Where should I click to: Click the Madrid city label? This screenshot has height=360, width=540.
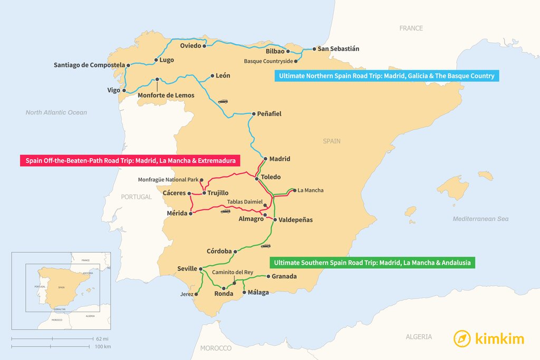point(279,159)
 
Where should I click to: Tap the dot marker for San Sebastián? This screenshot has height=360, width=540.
point(314,49)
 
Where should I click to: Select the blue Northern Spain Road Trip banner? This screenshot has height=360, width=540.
point(387,76)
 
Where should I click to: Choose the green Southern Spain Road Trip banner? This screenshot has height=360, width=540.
point(372,262)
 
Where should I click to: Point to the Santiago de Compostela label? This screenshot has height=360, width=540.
point(89,65)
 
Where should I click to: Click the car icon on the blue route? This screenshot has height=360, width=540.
point(223,101)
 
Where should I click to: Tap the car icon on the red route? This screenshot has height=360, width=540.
point(225,211)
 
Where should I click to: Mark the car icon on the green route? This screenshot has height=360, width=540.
point(266,246)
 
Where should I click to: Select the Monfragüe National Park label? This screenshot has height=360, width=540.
point(168,180)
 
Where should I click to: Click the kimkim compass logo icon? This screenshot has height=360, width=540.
point(462,338)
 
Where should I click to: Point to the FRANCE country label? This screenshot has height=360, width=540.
point(411,28)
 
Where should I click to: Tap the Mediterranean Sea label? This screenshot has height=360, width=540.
point(480,219)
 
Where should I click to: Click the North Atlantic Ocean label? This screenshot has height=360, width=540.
point(56,112)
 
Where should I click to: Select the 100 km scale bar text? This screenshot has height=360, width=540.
point(103,346)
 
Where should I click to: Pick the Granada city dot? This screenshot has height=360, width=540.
point(268,276)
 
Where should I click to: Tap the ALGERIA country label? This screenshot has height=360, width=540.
point(419,336)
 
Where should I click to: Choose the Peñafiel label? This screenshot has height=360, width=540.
point(269,113)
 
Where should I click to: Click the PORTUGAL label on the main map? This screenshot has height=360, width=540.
point(137,197)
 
